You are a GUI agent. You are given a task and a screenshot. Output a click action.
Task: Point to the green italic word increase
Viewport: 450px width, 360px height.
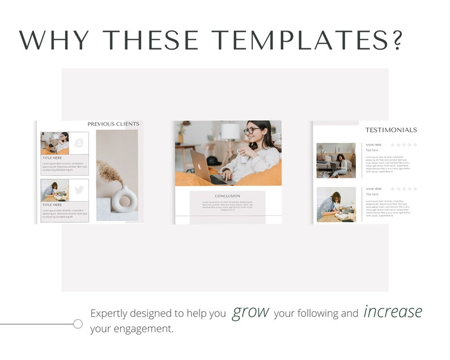pyautogui.click(x=393, y=311)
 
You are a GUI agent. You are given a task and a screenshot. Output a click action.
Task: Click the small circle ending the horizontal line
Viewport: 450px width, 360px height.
pyautogui.click(x=78, y=324)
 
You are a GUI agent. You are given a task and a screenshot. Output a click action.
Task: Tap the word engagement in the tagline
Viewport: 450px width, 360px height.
pyautogui.click(x=144, y=329)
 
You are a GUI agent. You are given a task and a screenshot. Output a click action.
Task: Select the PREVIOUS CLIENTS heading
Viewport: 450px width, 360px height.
pyautogui.click(x=113, y=124)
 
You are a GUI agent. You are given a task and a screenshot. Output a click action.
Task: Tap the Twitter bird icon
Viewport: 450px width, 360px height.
pyautogui.click(x=78, y=190)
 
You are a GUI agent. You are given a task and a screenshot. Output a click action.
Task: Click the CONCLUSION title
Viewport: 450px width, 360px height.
pyautogui.click(x=227, y=196)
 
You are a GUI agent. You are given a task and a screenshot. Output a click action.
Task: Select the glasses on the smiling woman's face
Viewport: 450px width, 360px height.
pyautogui.click(x=252, y=130)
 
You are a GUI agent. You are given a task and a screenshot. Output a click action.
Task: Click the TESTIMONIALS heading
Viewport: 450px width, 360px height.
pyautogui.click(x=390, y=130)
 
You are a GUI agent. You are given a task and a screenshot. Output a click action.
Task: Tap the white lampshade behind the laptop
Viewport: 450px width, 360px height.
pyautogui.click(x=231, y=132)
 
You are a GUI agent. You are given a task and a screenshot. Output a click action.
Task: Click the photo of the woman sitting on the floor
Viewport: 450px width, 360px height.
pyautogui.click(x=336, y=160)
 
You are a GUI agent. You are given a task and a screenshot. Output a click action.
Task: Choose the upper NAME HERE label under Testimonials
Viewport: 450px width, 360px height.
pyautogui.click(x=374, y=145)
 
